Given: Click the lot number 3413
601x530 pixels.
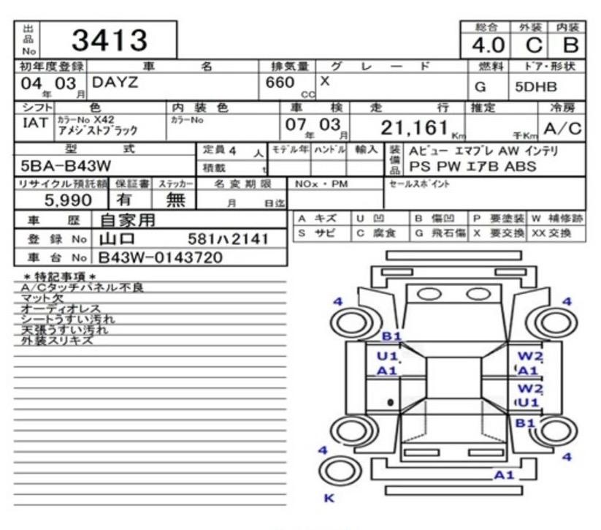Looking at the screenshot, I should point(109,40).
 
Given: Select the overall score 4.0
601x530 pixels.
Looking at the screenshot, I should point(487,45).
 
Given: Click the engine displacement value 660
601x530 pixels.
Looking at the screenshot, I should point(280,83).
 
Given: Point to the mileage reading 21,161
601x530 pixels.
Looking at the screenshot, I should point(413,128).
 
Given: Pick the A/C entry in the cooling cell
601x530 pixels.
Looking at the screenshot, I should point(562,129).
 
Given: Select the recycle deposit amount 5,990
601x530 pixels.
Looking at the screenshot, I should point(68,199).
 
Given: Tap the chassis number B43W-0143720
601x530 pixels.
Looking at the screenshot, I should point(161,257).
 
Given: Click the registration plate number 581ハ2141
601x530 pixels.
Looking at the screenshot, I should point(228,238).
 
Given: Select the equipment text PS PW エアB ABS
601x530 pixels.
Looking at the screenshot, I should point(472,166).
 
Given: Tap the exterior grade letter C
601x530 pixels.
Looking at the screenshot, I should point(534,45).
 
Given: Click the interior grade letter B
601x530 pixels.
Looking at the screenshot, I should point(570,45).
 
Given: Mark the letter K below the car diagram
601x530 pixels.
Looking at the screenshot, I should point(328,499).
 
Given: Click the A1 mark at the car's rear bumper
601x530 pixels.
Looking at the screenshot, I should point(504,475).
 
